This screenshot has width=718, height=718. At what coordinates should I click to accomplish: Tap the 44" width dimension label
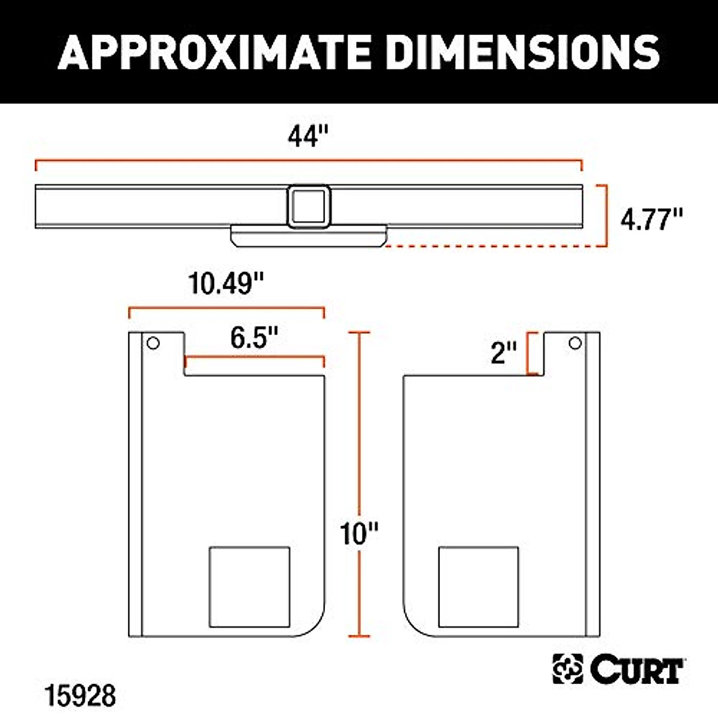click(309, 136)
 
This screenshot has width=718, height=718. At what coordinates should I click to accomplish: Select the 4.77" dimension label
click(652, 220)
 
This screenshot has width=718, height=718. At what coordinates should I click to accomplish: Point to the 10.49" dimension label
click(226, 283)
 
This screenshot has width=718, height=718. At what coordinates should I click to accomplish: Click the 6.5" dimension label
click(255, 339)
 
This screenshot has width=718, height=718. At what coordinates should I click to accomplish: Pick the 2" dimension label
click(503, 352)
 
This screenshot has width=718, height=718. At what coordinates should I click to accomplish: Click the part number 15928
click(80, 696)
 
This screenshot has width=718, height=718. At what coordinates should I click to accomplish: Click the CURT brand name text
click(637, 670)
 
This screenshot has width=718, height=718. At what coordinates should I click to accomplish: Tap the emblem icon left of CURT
click(567, 669)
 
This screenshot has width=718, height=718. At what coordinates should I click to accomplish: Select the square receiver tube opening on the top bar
click(309, 206)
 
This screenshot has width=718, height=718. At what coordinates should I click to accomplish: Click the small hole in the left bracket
click(153, 343)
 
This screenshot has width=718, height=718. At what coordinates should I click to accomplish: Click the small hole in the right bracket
click(575, 343)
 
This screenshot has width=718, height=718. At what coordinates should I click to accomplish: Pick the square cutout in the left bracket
click(250, 586)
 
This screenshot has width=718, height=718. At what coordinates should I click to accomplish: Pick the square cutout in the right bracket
click(479, 586)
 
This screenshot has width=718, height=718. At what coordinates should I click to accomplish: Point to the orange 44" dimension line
click(309, 160)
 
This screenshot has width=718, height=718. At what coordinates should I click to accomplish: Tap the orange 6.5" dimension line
click(255, 358)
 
